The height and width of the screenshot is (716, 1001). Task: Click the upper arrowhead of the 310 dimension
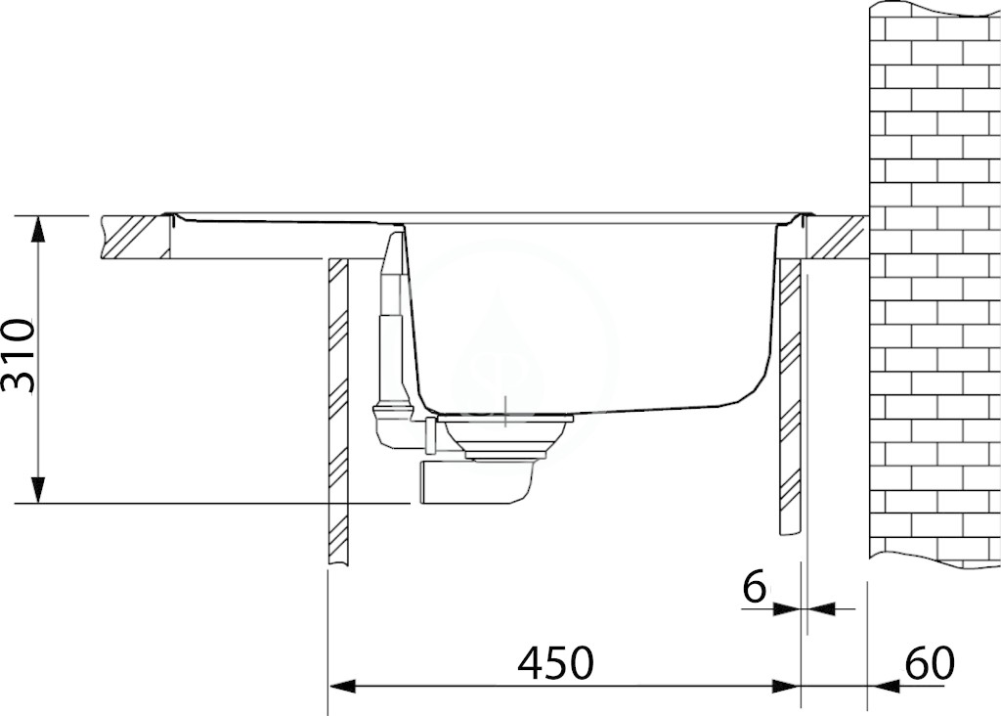[x=39, y=229]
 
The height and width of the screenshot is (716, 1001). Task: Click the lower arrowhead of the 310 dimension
[x=39, y=490]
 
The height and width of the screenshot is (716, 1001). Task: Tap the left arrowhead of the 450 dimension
[x=341, y=687]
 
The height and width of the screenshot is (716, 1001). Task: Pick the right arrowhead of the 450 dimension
[x=786, y=687]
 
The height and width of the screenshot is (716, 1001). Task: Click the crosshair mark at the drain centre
[x=505, y=410]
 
